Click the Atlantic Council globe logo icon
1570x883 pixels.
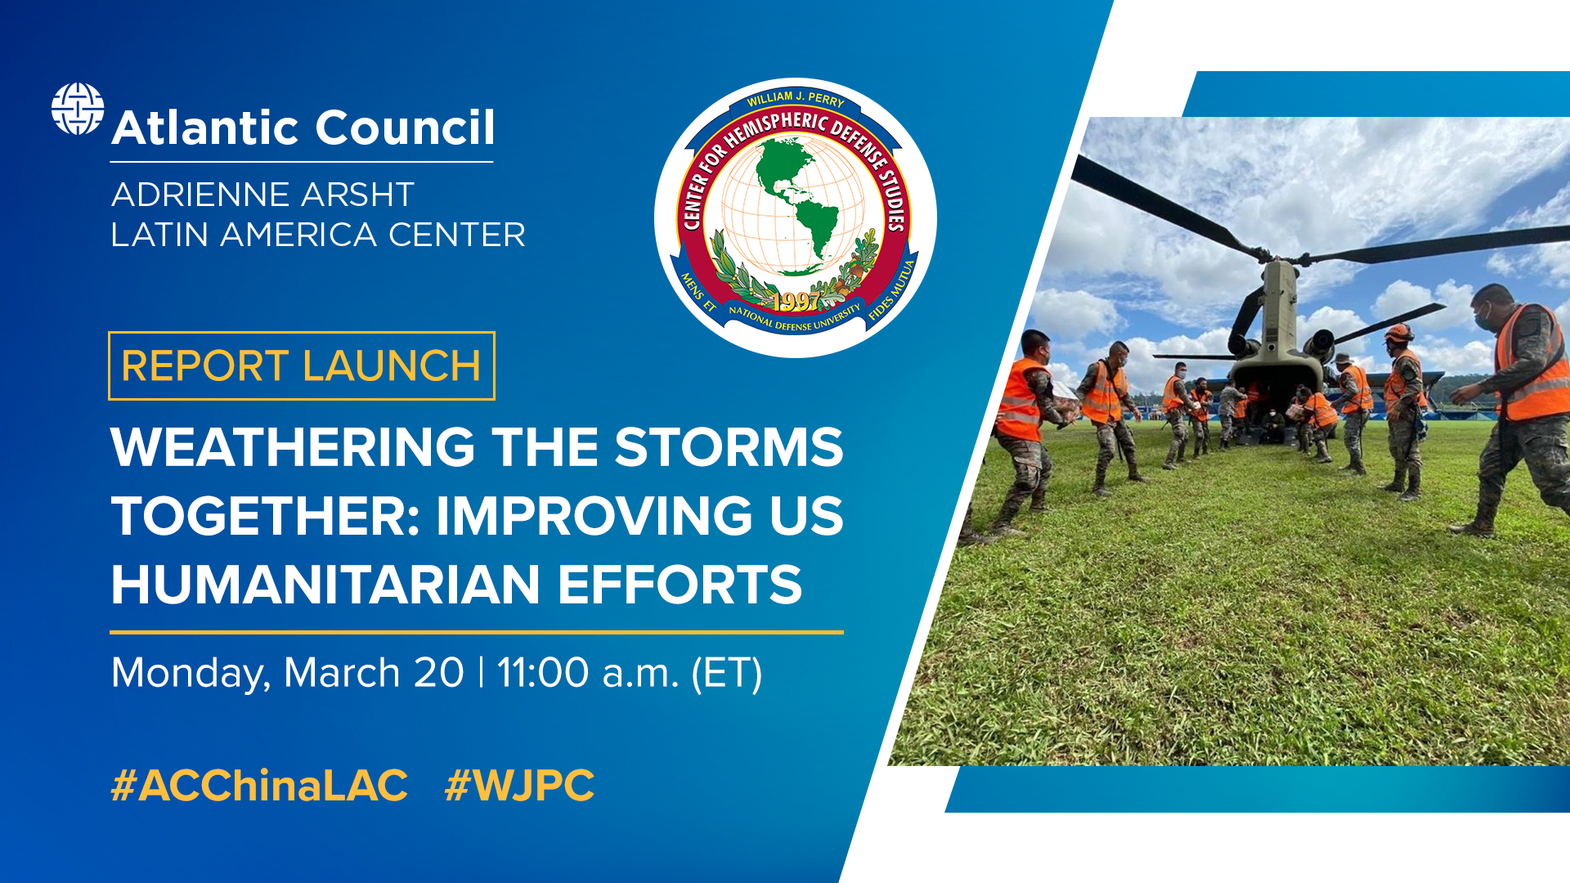pos(78,109)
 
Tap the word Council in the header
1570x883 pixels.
pos(405,128)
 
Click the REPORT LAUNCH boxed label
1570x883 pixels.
pos(301,365)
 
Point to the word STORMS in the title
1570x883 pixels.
pos(729,447)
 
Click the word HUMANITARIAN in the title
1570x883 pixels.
pos(325,585)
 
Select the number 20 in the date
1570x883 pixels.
pos(438,673)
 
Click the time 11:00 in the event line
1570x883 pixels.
pos(543,673)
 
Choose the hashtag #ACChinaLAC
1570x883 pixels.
pos(259,786)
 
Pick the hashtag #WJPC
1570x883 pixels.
pos(519,786)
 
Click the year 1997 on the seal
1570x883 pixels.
pos(796,302)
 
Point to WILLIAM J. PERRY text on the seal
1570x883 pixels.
pos(795,99)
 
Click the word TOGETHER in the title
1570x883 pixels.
pos(265,516)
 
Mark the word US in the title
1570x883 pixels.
pos(805,516)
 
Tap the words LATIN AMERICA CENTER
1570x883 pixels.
pos(318,235)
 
